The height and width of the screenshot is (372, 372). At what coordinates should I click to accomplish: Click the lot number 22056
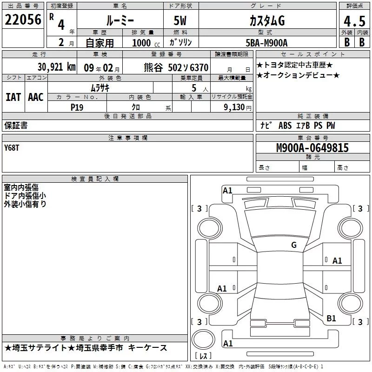click(x=23, y=20)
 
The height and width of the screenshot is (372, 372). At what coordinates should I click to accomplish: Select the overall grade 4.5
click(x=354, y=21)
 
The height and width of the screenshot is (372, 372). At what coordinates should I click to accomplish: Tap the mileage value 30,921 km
click(x=56, y=67)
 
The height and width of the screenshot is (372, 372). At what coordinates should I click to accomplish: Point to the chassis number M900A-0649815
click(x=312, y=147)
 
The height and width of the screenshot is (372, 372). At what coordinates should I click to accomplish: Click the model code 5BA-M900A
click(x=266, y=43)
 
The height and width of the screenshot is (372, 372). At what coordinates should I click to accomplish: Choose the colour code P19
click(x=77, y=107)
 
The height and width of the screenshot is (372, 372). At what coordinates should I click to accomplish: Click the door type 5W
click(x=180, y=20)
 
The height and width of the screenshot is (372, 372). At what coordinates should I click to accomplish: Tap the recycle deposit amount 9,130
click(x=234, y=107)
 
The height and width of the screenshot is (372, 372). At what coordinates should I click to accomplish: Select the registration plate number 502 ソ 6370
click(x=188, y=67)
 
